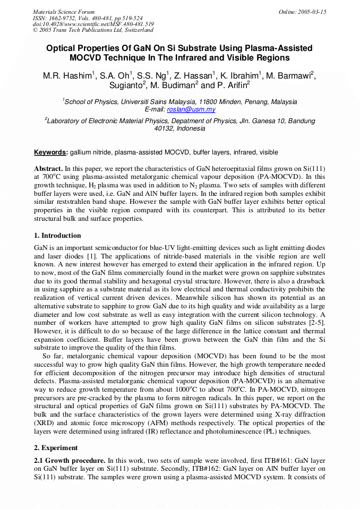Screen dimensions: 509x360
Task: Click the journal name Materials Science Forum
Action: coord(64,12)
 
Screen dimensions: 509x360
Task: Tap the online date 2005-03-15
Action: coord(313,12)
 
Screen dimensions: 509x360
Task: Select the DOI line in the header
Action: coord(93,24)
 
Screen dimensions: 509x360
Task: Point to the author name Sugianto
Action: coord(126,85)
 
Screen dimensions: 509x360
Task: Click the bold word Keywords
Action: coord(51,152)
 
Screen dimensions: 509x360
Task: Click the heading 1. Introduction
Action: coord(58,236)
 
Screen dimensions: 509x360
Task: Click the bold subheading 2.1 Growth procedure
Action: coord(70,461)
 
